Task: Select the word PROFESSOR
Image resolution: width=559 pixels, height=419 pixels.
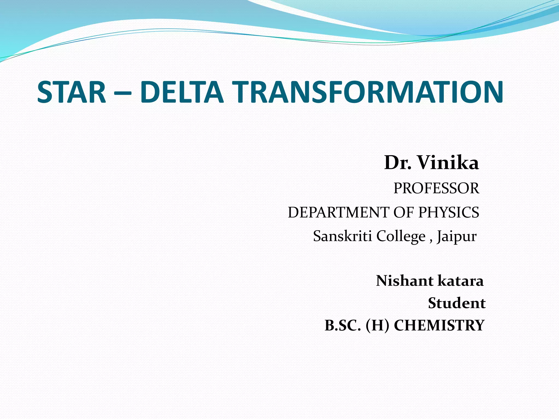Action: (x=436, y=188)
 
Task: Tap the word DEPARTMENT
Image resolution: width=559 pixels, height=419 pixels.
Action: (x=338, y=213)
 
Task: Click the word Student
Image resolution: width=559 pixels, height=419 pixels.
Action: (x=457, y=303)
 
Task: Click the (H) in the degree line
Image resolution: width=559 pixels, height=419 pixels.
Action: (x=377, y=325)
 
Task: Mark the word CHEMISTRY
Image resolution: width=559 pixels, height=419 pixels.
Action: (x=439, y=325)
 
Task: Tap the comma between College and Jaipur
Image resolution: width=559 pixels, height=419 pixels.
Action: (x=431, y=240)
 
